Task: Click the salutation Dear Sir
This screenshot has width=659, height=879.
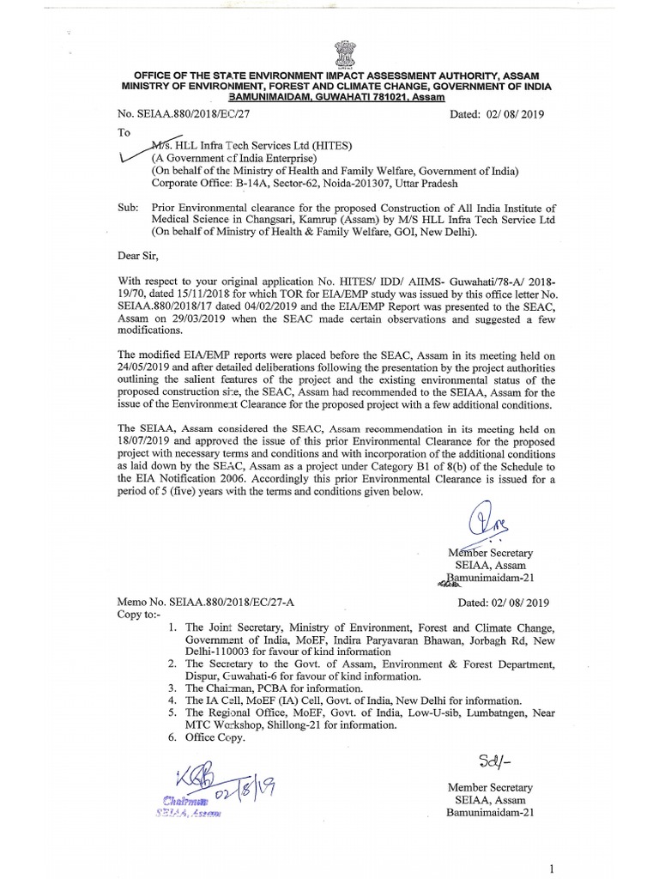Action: click(x=138, y=254)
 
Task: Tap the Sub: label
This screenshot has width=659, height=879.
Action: click(x=127, y=207)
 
